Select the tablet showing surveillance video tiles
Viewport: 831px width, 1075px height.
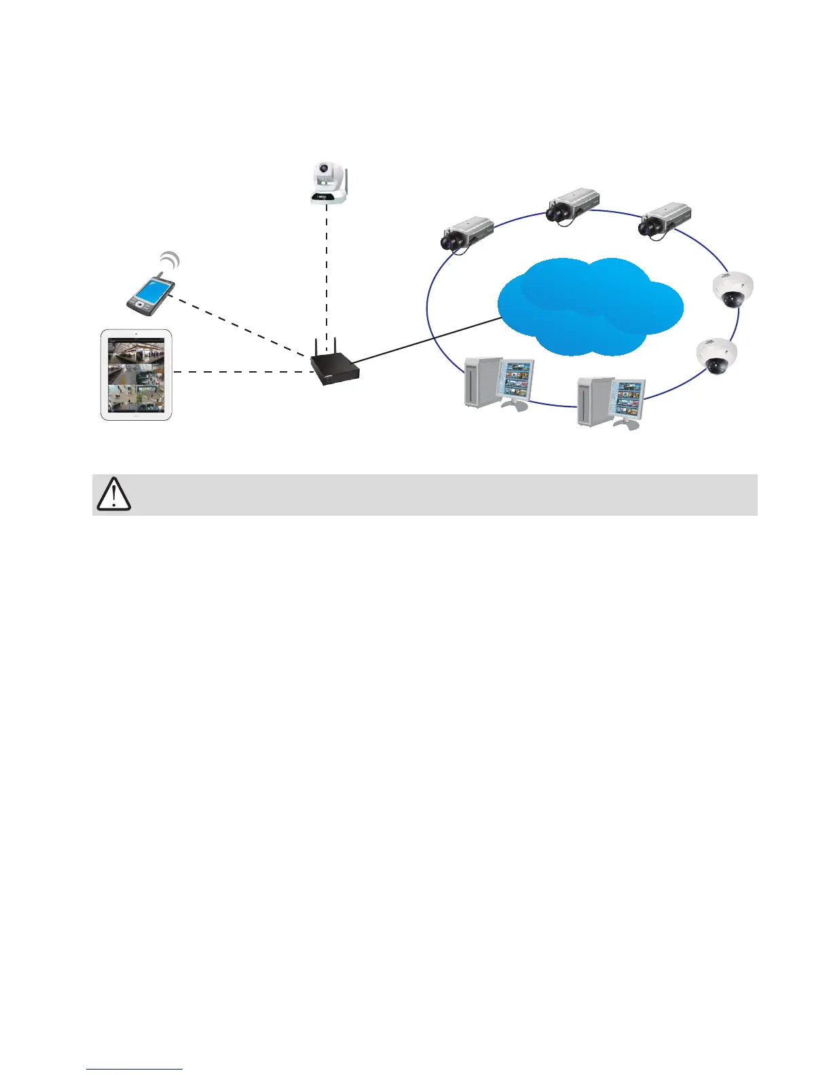pyautogui.click(x=136, y=375)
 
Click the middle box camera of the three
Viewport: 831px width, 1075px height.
pyautogui.click(x=572, y=205)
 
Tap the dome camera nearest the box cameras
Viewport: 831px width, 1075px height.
pyautogui.click(x=732, y=290)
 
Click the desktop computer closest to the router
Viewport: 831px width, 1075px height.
pyautogui.click(x=498, y=384)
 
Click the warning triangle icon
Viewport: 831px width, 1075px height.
pyautogui.click(x=114, y=495)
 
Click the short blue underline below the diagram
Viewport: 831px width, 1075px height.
pyautogui.click(x=135, y=1070)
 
